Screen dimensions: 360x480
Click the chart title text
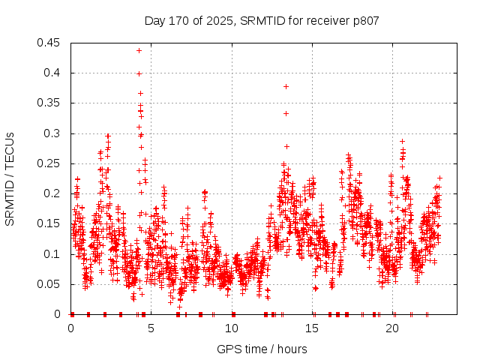pyautogui.click(x=262, y=20)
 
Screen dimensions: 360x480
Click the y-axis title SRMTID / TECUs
pyautogui.click(x=10, y=178)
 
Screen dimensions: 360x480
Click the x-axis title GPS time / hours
pyautogui.click(x=262, y=349)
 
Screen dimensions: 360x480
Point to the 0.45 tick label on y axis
pyautogui.click(x=50, y=43)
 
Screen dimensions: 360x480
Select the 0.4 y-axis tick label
pyautogui.click(x=53, y=73)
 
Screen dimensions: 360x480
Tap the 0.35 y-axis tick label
pyautogui.click(x=50, y=103)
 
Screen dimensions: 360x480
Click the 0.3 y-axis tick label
pyautogui.click(x=53, y=133)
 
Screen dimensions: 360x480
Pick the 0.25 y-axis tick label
pyautogui.click(x=50, y=163)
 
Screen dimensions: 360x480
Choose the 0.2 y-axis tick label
pyautogui.click(x=53, y=193)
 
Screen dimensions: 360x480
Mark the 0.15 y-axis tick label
pyautogui.click(x=50, y=224)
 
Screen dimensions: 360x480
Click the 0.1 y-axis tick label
pyautogui.click(x=53, y=254)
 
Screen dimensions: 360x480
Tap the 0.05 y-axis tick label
pyautogui.click(x=50, y=284)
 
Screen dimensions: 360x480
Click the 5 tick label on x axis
pyautogui.click(x=151, y=328)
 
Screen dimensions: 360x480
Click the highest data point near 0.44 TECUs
pyautogui.click(x=139, y=50)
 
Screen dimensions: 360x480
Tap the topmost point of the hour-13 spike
pyautogui.click(x=286, y=86)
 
